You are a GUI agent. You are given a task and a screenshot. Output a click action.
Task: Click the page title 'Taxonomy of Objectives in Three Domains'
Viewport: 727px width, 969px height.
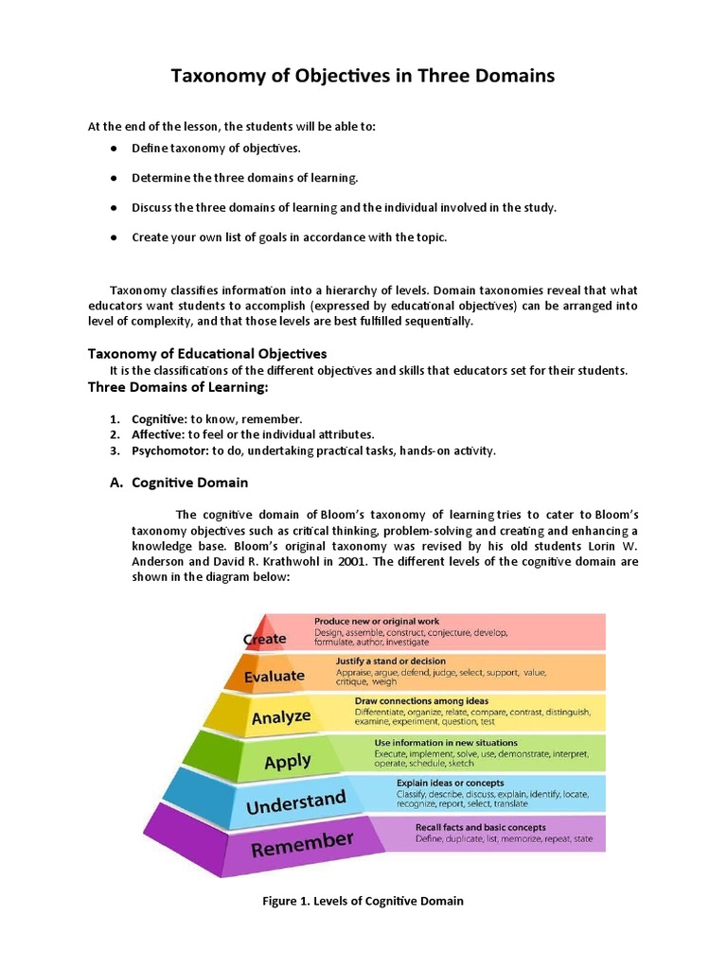pos(363,76)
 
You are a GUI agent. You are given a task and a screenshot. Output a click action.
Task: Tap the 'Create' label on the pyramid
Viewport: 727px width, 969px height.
pos(265,639)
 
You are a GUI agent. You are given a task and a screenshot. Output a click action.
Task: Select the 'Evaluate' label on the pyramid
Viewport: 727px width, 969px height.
pos(275,676)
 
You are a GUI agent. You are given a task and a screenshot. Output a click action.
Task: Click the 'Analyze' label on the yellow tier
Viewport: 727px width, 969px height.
pos(281,717)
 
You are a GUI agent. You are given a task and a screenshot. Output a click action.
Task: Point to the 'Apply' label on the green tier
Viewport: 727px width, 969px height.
pos(288,761)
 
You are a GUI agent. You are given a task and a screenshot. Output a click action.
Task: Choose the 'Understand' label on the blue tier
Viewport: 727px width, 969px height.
pos(296,802)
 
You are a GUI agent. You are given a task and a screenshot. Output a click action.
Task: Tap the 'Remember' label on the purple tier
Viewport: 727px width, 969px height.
pos(302,842)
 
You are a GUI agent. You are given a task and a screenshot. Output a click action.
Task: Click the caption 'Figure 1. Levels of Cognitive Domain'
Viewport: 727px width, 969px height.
pos(363,901)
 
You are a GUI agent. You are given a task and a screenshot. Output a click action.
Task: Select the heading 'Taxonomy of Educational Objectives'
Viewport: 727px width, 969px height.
pos(207,353)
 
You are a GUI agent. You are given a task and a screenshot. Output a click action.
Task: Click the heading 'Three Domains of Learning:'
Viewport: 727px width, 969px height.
pos(178,387)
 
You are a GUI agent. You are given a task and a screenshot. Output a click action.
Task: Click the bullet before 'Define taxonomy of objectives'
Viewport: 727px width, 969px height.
pos(113,149)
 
